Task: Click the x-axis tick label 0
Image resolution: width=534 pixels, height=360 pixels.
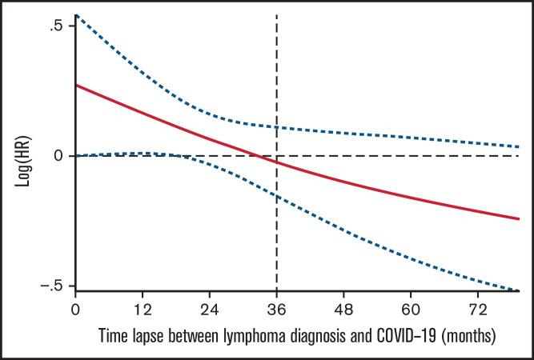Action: (x=75, y=308)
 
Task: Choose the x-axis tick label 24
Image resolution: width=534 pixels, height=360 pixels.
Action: (x=210, y=308)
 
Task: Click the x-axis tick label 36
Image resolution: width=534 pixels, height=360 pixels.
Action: (x=277, y=308)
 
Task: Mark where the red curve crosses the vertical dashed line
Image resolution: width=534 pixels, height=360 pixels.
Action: (x=277, y=162)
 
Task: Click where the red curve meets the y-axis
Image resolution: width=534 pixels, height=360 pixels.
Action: (x=76, y=84)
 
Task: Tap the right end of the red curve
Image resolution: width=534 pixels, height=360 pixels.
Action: (x=519, y=218)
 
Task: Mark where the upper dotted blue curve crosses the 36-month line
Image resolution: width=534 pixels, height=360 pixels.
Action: (x=277, y=126)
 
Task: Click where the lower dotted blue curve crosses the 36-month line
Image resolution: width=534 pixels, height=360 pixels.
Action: (x=277, y=195)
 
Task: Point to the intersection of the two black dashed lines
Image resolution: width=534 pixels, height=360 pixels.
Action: (x=277, y=155)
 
